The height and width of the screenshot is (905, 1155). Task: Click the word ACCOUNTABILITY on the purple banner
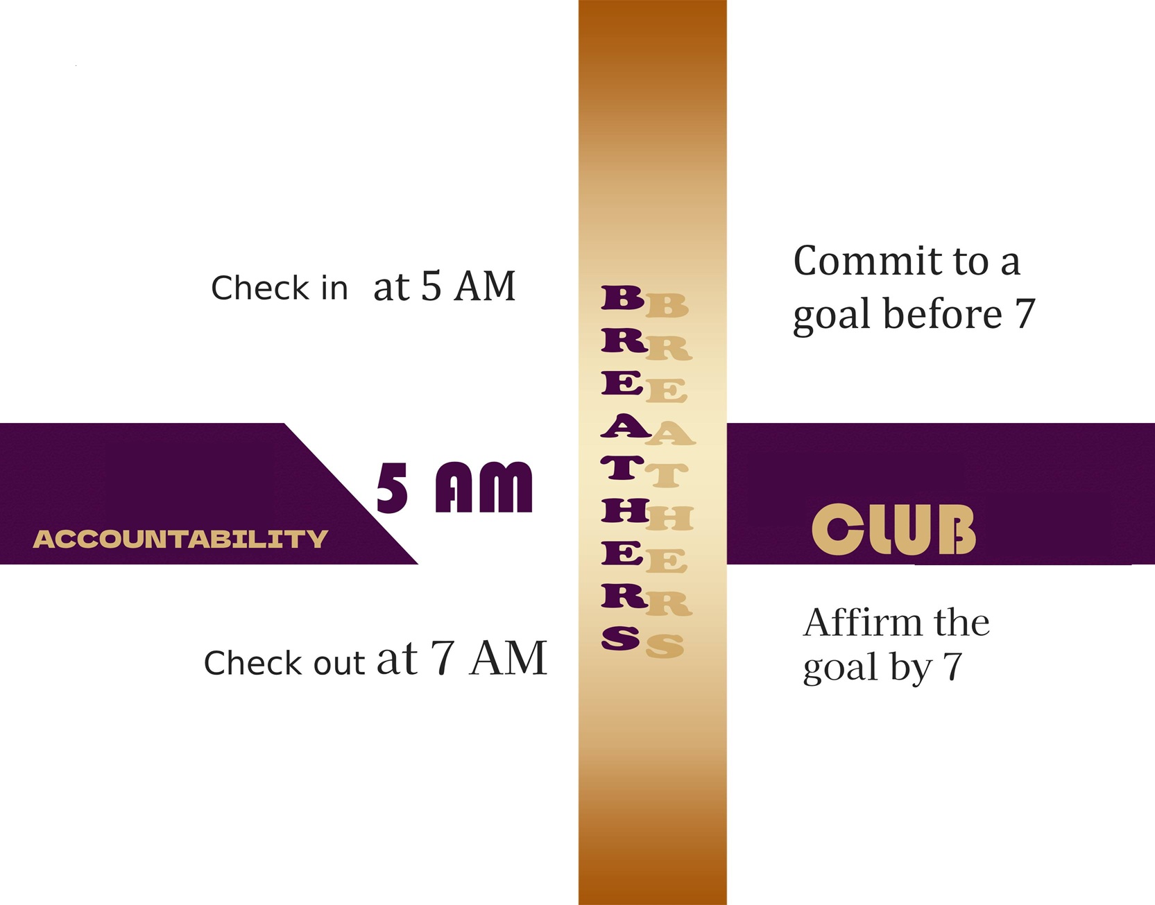180,539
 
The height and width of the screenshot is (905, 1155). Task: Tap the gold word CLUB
893,530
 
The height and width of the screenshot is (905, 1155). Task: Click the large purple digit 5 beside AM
392,488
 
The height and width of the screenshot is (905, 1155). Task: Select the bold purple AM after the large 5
484,488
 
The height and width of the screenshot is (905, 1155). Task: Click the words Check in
279,288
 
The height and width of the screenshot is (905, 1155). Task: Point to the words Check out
284,663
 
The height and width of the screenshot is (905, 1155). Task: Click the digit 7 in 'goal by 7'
952,667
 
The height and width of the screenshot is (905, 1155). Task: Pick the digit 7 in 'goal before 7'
1025,314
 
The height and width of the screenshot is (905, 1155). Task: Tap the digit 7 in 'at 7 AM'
443,657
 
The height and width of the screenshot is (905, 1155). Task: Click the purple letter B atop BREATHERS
622,297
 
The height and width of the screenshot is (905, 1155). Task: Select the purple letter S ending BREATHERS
621,638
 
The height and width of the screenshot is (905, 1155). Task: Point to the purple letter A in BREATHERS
625,426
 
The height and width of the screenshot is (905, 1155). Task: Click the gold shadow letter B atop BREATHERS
667,306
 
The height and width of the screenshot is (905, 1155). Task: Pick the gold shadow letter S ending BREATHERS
665,646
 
